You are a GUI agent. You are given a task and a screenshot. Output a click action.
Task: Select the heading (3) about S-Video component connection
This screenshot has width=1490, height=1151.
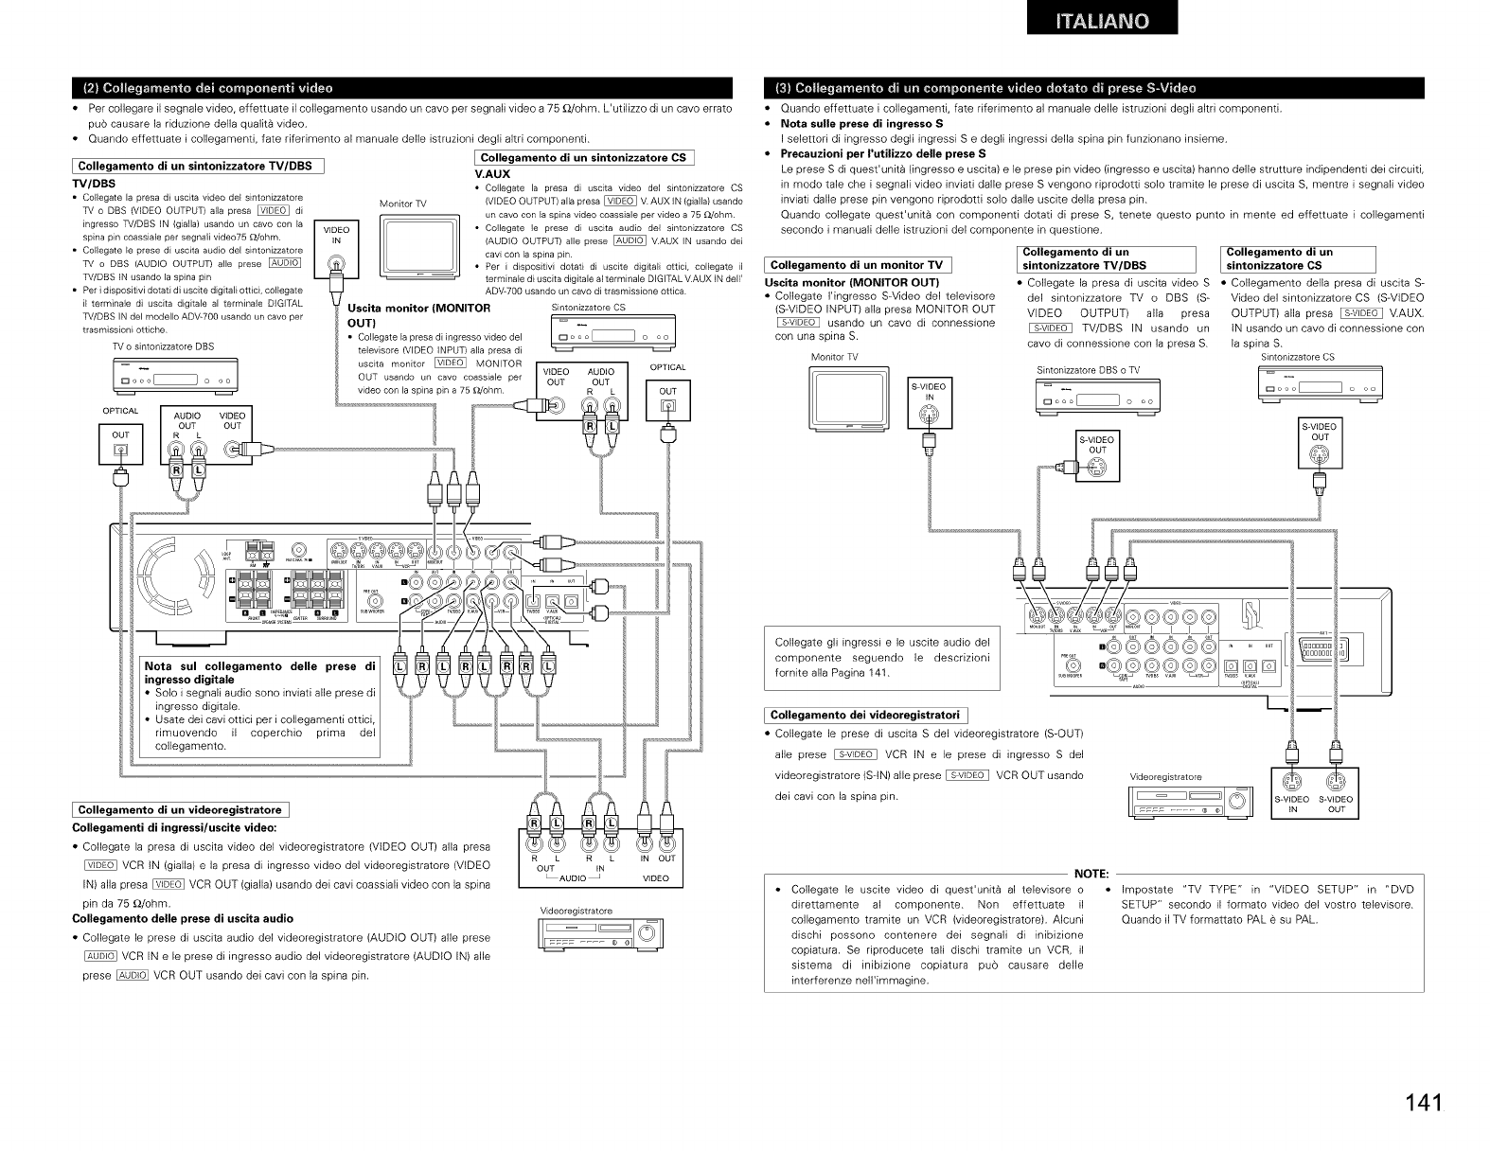pyautogui.click(x=985, y=89)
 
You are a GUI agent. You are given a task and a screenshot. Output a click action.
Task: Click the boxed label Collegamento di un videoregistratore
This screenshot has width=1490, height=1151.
pyautogui.click(x=180, y=809)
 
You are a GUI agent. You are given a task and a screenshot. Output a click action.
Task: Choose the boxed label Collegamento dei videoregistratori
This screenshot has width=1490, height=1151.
pyautogui.click(x=865, y=715)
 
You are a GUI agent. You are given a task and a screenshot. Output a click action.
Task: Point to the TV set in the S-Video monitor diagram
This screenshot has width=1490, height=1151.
pyautogui.click(x=850, y=400)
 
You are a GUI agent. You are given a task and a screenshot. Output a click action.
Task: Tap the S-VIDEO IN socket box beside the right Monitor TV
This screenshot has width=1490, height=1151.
pyautogui.click(x=929, y=402)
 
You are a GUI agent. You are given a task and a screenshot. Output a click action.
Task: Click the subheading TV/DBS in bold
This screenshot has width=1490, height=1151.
pyautogui.click(x=94, y=183)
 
